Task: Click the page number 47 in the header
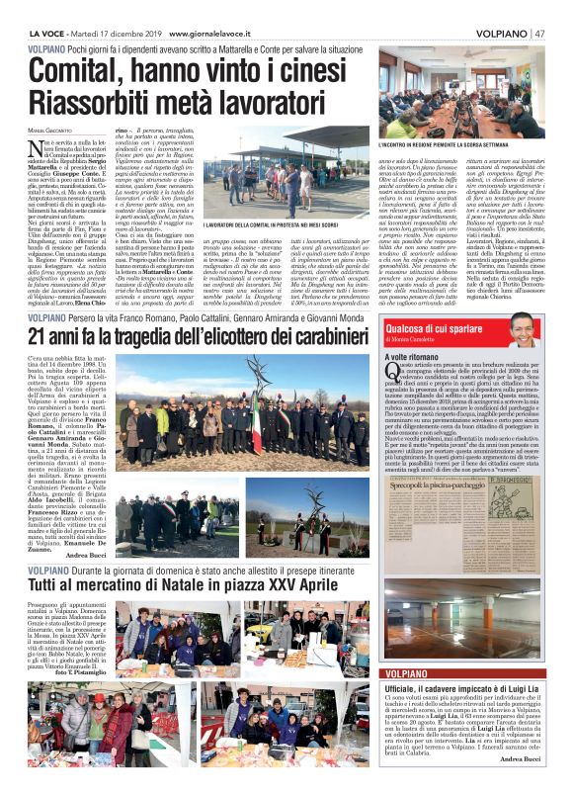(542, 33)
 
